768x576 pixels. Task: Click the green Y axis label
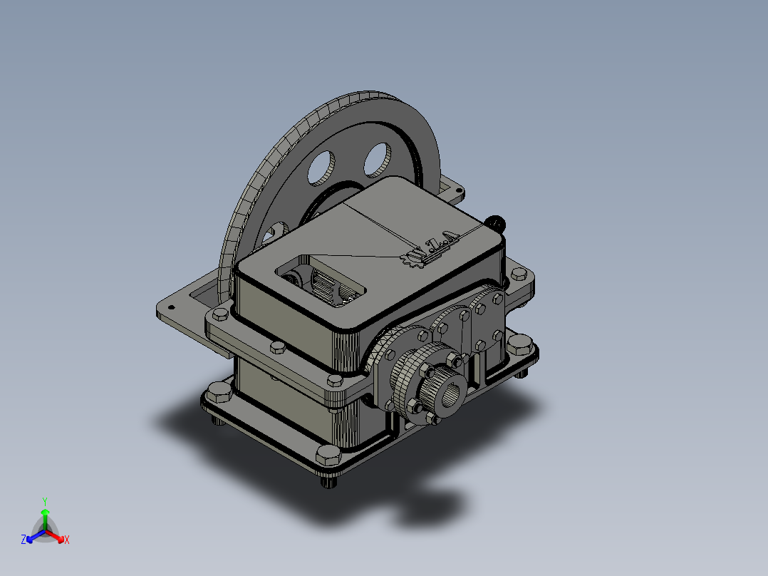click(x=45, y=501)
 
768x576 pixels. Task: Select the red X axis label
click(x=66, y=540)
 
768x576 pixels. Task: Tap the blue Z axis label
click(x=24, y=540)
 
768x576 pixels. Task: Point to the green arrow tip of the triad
click(x=45, y=512)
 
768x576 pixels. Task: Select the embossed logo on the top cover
click(x=430, y=249)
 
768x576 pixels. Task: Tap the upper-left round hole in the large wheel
click(x=321, y=166)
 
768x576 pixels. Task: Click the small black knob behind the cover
click(x=497, y=222)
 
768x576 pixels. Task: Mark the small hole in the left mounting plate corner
click(x=170, y=307)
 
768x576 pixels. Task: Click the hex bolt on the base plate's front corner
click(x=327, y=455)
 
